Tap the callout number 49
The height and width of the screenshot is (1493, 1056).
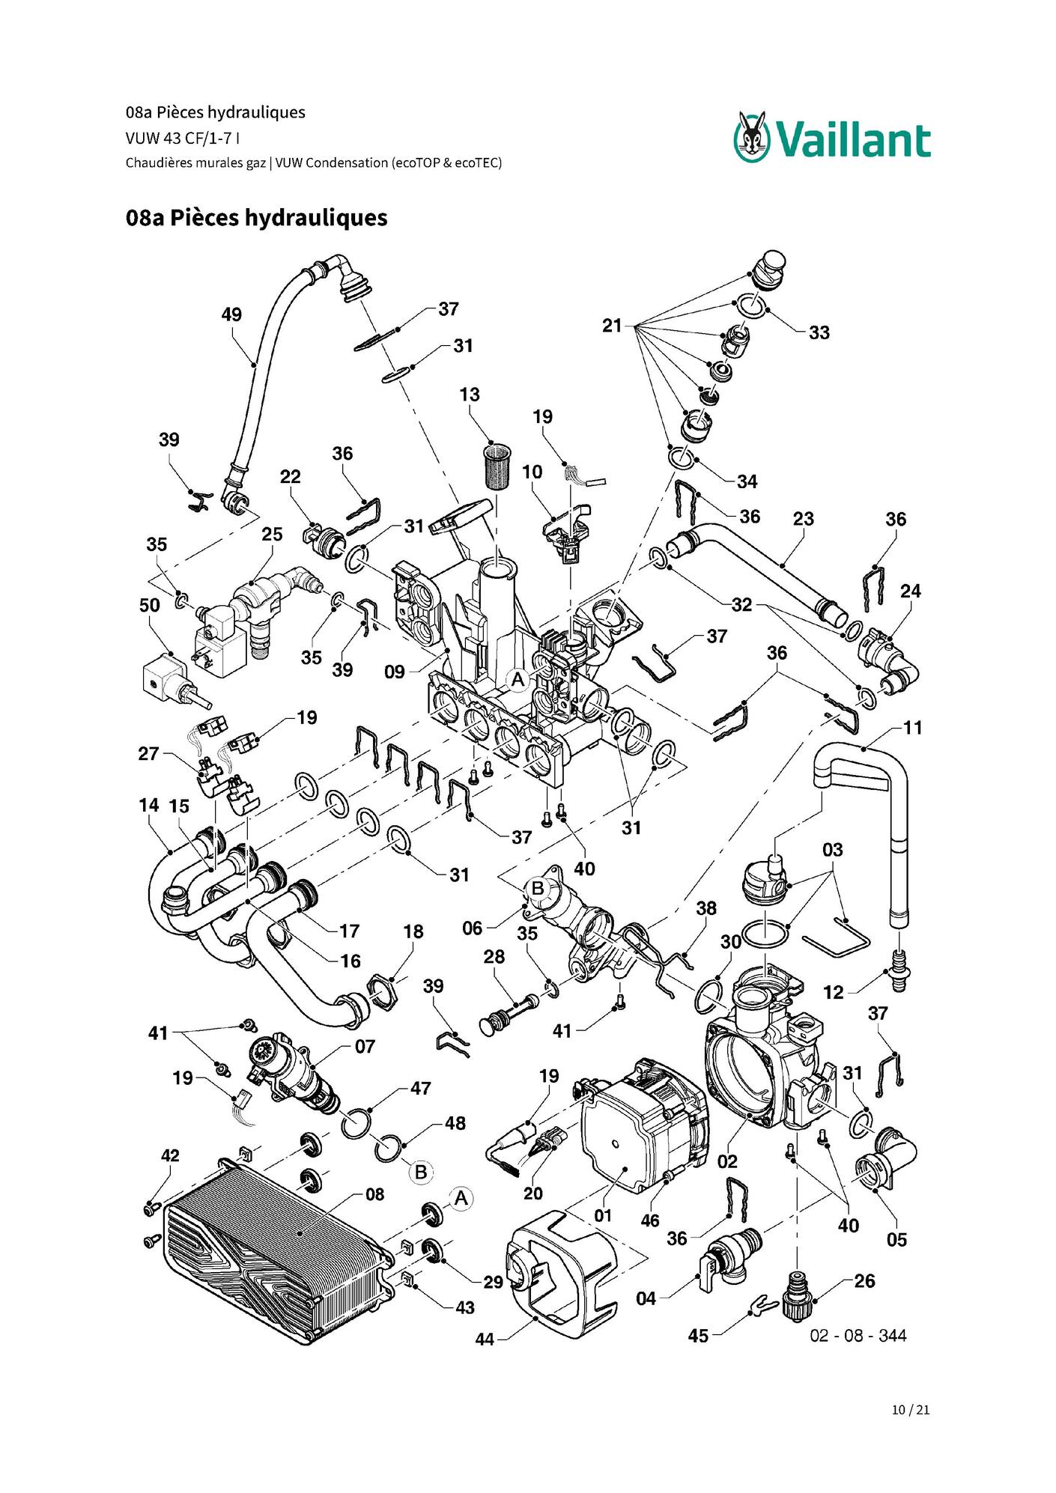point(231,314)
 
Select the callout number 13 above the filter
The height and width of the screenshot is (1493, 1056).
point(470,395)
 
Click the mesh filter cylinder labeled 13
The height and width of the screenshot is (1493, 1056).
point(494,466)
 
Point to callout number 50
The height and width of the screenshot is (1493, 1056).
point(150,605)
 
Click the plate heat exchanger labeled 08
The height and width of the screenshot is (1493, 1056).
point(279,1247)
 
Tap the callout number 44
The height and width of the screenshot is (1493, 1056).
point(485,1339)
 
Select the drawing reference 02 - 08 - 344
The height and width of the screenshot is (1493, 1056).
point(858,1336)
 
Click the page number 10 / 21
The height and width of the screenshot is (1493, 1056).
point(911,1410)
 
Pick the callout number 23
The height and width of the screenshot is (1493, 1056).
point(803,518)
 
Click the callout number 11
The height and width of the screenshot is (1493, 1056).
point(912,727)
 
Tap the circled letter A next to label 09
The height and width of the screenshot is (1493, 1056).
point(517,680)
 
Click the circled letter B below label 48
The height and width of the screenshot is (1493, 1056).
point(421,1172)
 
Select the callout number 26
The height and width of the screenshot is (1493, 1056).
point(864,1281)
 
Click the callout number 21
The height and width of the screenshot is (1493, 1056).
point(612,326)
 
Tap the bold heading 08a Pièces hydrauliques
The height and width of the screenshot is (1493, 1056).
point(256,218)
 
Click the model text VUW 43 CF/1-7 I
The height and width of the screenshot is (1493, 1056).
point(183,138)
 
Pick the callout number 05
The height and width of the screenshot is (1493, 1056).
point(896,1240)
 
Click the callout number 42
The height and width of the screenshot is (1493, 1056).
point(170,1155)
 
